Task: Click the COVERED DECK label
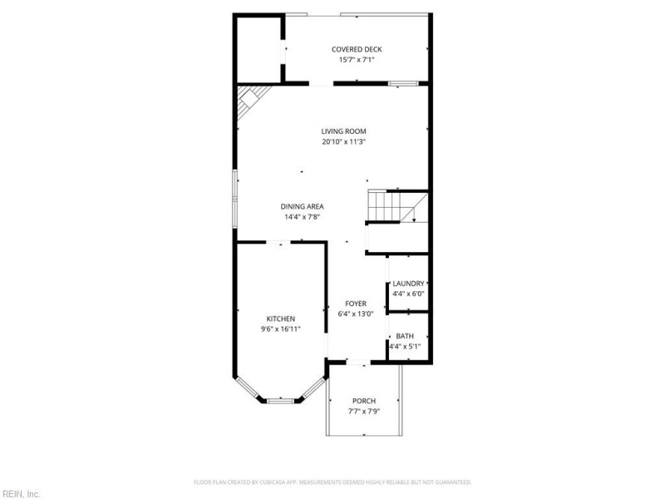pyautogui.click(x=357, y=49)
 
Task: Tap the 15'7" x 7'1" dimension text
pyautogui.click(x=357, y=60)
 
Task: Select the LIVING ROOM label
pyautogui.click(x=344, y=131)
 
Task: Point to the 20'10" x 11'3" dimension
pyautogui.click(x=344, y=141)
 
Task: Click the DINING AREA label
pyautogui.click(x=302, y=206)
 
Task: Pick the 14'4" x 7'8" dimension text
pyautogui.click(x=302, y=217)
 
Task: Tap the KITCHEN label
pyautogui.click(x=280, y=319)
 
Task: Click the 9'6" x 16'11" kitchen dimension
pyautogui.click(x=280, y=329)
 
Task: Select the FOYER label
pyautogui.click(x=356, y=304)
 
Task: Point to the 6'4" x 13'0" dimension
pyautogui.click(x=356, y=314)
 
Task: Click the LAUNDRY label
pyautogui.click(x=408, y=283)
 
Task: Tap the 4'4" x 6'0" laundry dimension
pyautogui.click(x=408, y=294)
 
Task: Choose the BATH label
pyautogui.click(x=405, y=336)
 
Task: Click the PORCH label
pyautogui.click(x=364, y=400)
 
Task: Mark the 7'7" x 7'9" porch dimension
pyautogui.click(x=364, y=411)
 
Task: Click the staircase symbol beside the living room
pyautogui.click(x=392, y=207)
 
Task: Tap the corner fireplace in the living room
pyautogui.click(x=249, y=105)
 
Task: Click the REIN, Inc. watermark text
pyautogui.click(x=21, y=493)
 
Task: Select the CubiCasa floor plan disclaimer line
pyautogui.click(x=332, y=482)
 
